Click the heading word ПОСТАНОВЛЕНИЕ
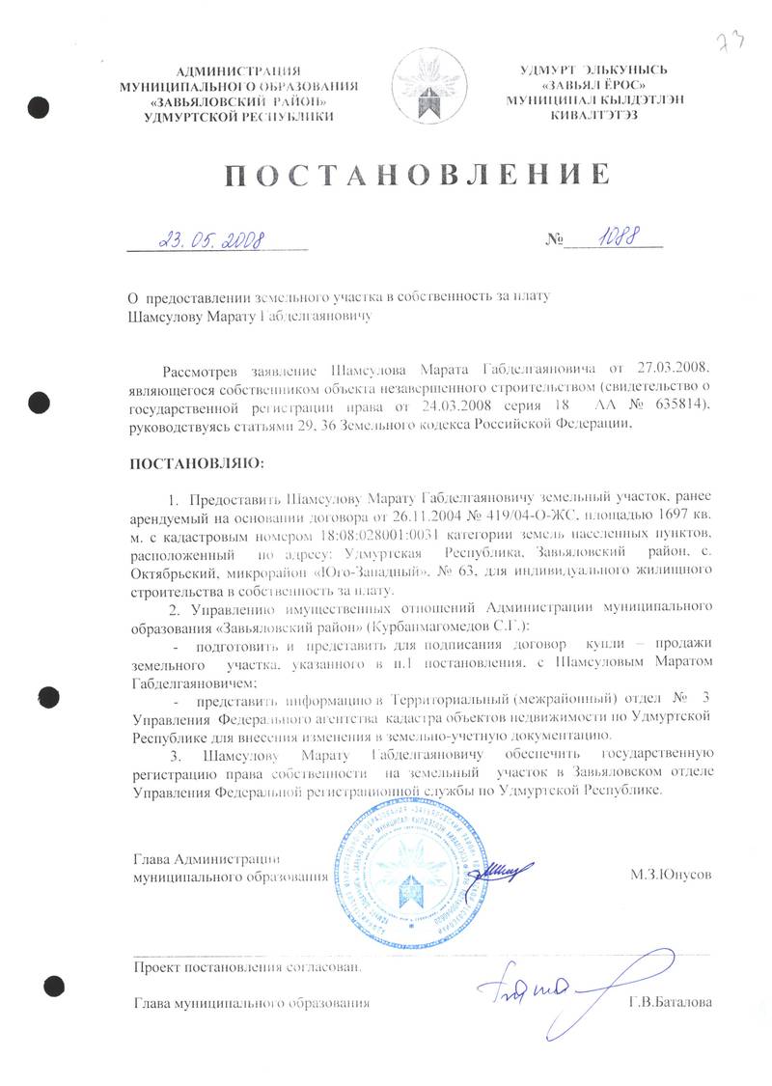pos(418,175)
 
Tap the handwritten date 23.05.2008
pos(214,238)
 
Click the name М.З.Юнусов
pos(670,875)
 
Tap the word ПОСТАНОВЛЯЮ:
pos(196,465)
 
